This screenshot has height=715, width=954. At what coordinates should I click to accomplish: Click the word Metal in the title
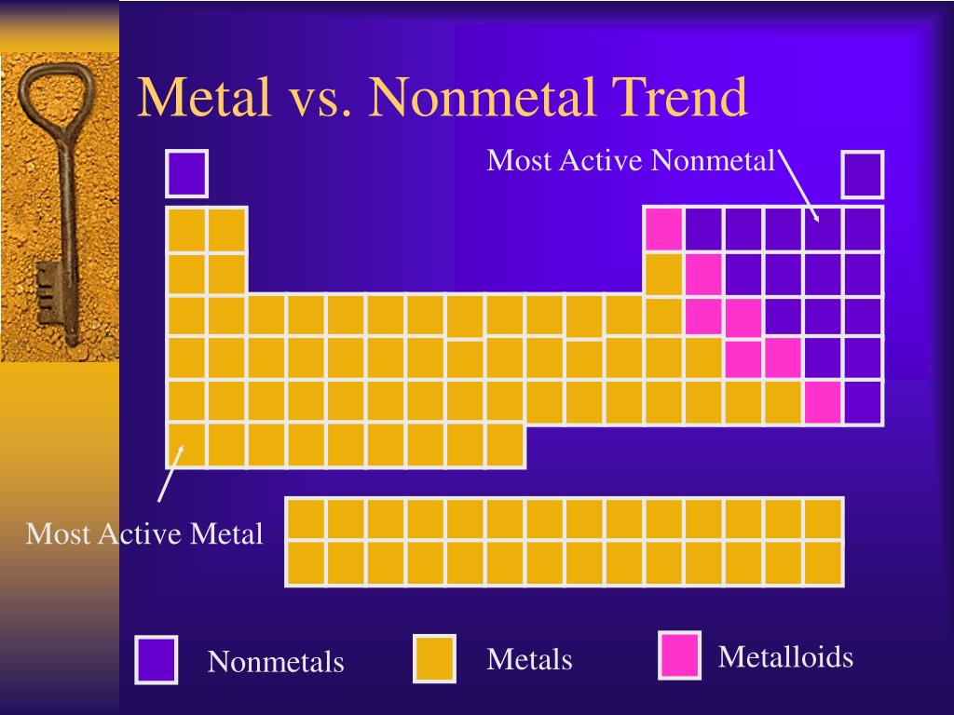click(205, 98)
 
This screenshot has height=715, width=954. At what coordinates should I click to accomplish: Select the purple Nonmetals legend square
click(156, 658)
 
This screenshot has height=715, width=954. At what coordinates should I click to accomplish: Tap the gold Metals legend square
click(434, 658)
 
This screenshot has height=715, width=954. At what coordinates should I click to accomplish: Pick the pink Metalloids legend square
click(679, 654)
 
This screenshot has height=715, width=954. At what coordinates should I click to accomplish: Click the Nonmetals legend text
click(276, 662)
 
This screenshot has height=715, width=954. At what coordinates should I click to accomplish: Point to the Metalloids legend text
click(785, 657)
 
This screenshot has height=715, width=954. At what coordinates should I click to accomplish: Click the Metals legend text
click(529, 660)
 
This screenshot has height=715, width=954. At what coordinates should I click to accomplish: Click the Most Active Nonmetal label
click(631, 161)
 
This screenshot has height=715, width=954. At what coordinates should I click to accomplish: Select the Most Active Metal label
click(144, 534)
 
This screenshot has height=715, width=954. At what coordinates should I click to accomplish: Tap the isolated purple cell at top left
click(186, 173)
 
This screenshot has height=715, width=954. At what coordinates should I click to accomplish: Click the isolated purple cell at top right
click(863, 174)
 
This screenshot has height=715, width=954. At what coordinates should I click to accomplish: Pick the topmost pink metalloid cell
click(663, 229)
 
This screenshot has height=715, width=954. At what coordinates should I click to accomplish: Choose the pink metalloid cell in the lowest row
click(824, 402)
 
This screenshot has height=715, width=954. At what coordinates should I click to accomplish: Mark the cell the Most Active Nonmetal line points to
click(824, 229)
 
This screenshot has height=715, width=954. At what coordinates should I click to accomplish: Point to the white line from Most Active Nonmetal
click(800, 186)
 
